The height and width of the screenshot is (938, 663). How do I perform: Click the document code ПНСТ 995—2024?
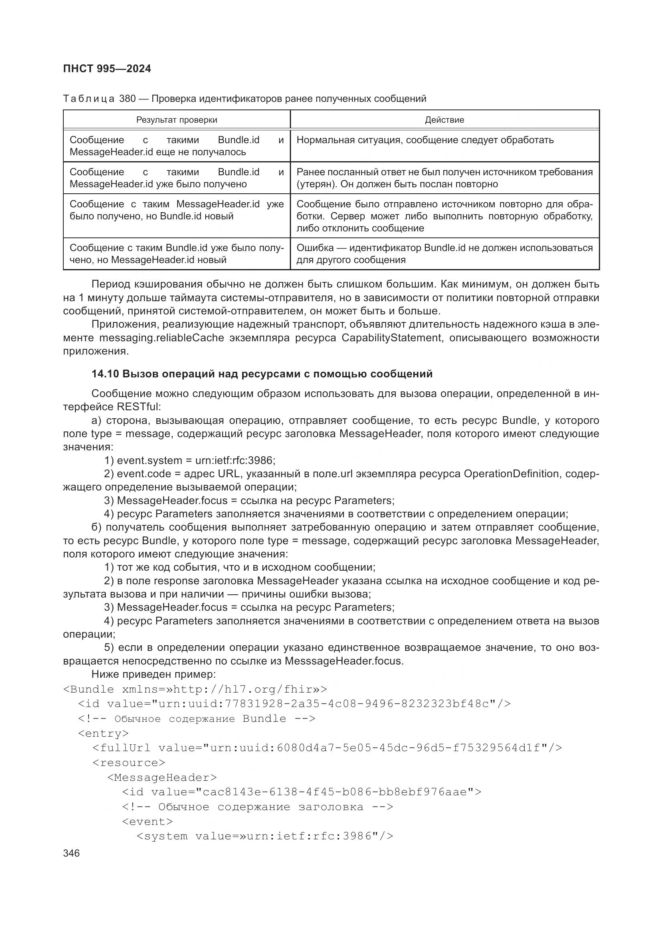(x=107, y=69)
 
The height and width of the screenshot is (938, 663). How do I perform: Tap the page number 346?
(x=71, y=853)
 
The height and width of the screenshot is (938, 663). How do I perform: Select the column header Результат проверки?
(x=176, y=120)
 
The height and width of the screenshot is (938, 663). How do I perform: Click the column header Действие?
(x=444, y=120)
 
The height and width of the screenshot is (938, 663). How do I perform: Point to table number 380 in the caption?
(x=127, y=99)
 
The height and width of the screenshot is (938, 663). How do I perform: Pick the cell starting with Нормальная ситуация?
(x=424, y=140)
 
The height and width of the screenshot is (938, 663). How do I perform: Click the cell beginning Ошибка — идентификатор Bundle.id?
(x=444, y=254)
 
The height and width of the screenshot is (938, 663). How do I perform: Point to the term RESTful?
(x=139, y=407)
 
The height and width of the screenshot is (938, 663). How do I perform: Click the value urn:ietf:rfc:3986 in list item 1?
(x=236, y=460)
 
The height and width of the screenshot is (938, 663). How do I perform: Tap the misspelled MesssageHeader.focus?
(x=344, y=661)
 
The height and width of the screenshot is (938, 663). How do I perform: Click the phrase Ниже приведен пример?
(x=154, y=674)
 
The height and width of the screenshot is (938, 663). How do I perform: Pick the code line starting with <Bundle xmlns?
(x=195, y=690)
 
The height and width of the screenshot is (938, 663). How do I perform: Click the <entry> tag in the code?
(x=103, y=734)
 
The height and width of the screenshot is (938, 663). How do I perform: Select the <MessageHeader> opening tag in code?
(x=162, y=778)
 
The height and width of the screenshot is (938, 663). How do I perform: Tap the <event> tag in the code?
(x=148, y=822)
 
